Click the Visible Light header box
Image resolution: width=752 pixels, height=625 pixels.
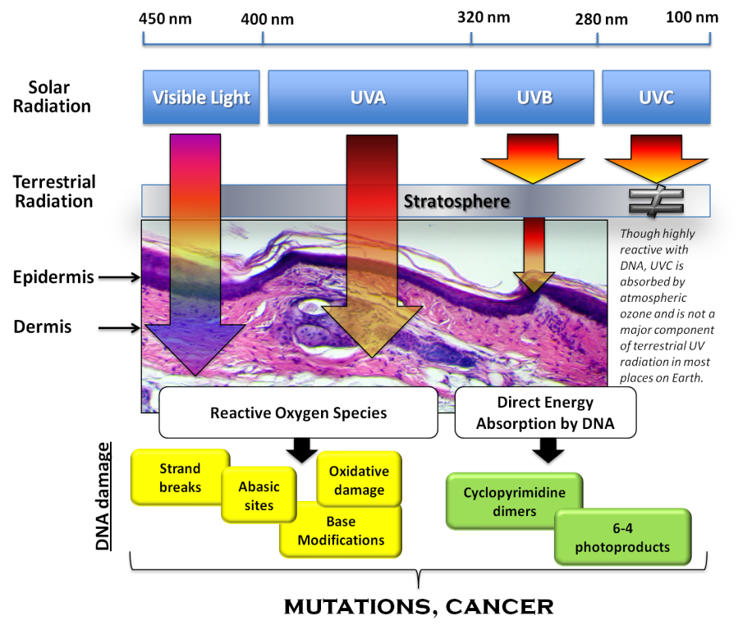[x=201, y=98]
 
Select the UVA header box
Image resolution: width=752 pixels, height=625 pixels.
[x=368, y=98]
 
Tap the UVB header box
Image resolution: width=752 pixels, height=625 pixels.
[x=534, y=98]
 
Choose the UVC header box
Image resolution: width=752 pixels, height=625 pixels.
[x=656, y=98]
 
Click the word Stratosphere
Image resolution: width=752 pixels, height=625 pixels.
[x=456, y=201]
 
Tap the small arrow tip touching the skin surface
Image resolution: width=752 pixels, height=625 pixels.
[x=534, y=280]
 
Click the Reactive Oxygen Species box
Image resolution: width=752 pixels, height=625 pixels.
[x=298, y=413]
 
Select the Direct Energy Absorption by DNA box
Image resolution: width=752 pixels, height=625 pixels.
[x=545, y=413]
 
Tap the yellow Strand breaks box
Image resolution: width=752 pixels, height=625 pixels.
[x=180, y=477]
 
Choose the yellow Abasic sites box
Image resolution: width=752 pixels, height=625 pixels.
[x=259, y=495]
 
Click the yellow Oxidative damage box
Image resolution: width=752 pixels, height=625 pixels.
[x=359, y=480]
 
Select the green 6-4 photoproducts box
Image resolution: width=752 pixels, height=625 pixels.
[x=622, y=537]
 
